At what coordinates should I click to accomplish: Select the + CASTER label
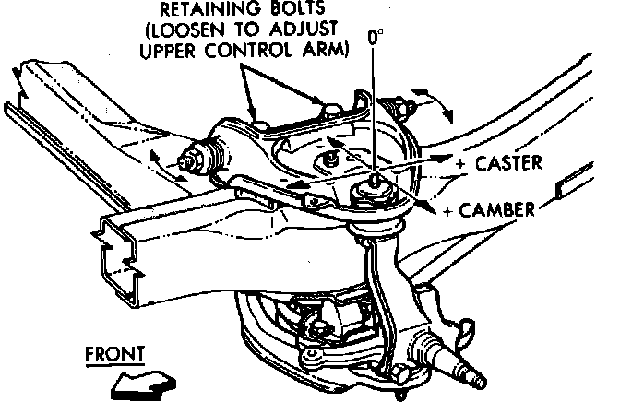click(x=499, y=162)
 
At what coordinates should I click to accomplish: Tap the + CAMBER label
click(x=489, y=210)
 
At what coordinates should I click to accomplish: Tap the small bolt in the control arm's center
click(x=329, y=160)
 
